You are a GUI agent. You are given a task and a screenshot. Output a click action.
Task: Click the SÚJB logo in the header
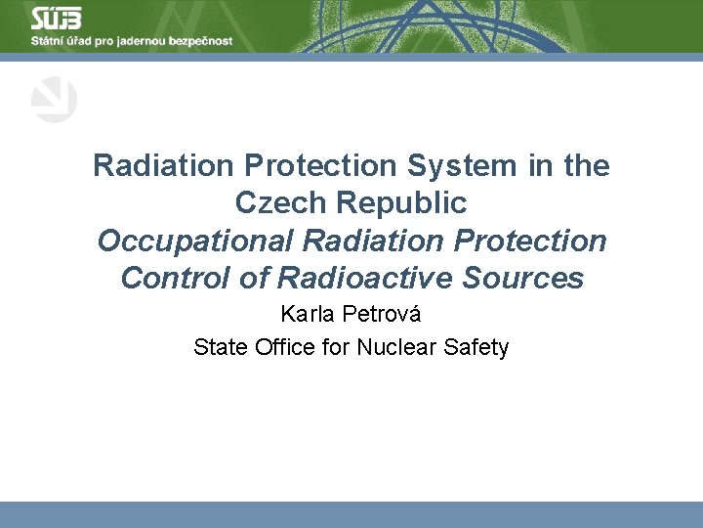57,19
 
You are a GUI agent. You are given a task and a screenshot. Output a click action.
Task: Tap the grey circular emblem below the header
54,101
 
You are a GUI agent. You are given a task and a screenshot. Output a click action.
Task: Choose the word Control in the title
172,278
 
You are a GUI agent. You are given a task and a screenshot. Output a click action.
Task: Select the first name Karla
307,315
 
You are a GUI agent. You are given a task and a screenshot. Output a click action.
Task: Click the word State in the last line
218,347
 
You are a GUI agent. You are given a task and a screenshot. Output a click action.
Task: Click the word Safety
478,347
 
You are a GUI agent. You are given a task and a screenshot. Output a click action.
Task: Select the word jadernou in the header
141,41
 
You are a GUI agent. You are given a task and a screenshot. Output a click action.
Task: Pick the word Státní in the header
48,41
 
